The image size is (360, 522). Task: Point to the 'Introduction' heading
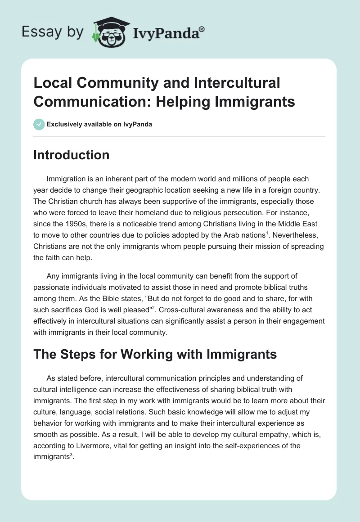tap(72, 155)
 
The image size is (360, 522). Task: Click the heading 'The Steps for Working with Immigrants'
tap(155, 355)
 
